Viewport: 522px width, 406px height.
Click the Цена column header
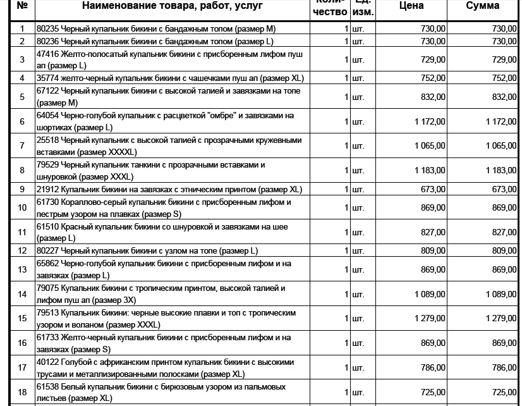(411, 6)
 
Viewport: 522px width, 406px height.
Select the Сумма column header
(483, 6)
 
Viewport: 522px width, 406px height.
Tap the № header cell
(23, 6)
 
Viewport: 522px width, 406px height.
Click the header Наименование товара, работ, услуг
(173, 6)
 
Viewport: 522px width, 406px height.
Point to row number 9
(23, 189)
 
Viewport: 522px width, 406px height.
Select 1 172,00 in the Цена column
(430, 121)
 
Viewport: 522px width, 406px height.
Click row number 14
(23, 294)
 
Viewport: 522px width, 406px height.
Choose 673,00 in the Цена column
(433, 189)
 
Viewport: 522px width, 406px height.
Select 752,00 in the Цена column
(433, 78)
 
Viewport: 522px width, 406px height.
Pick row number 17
(23, 367)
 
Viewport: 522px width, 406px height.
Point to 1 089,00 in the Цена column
(430, 294)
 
